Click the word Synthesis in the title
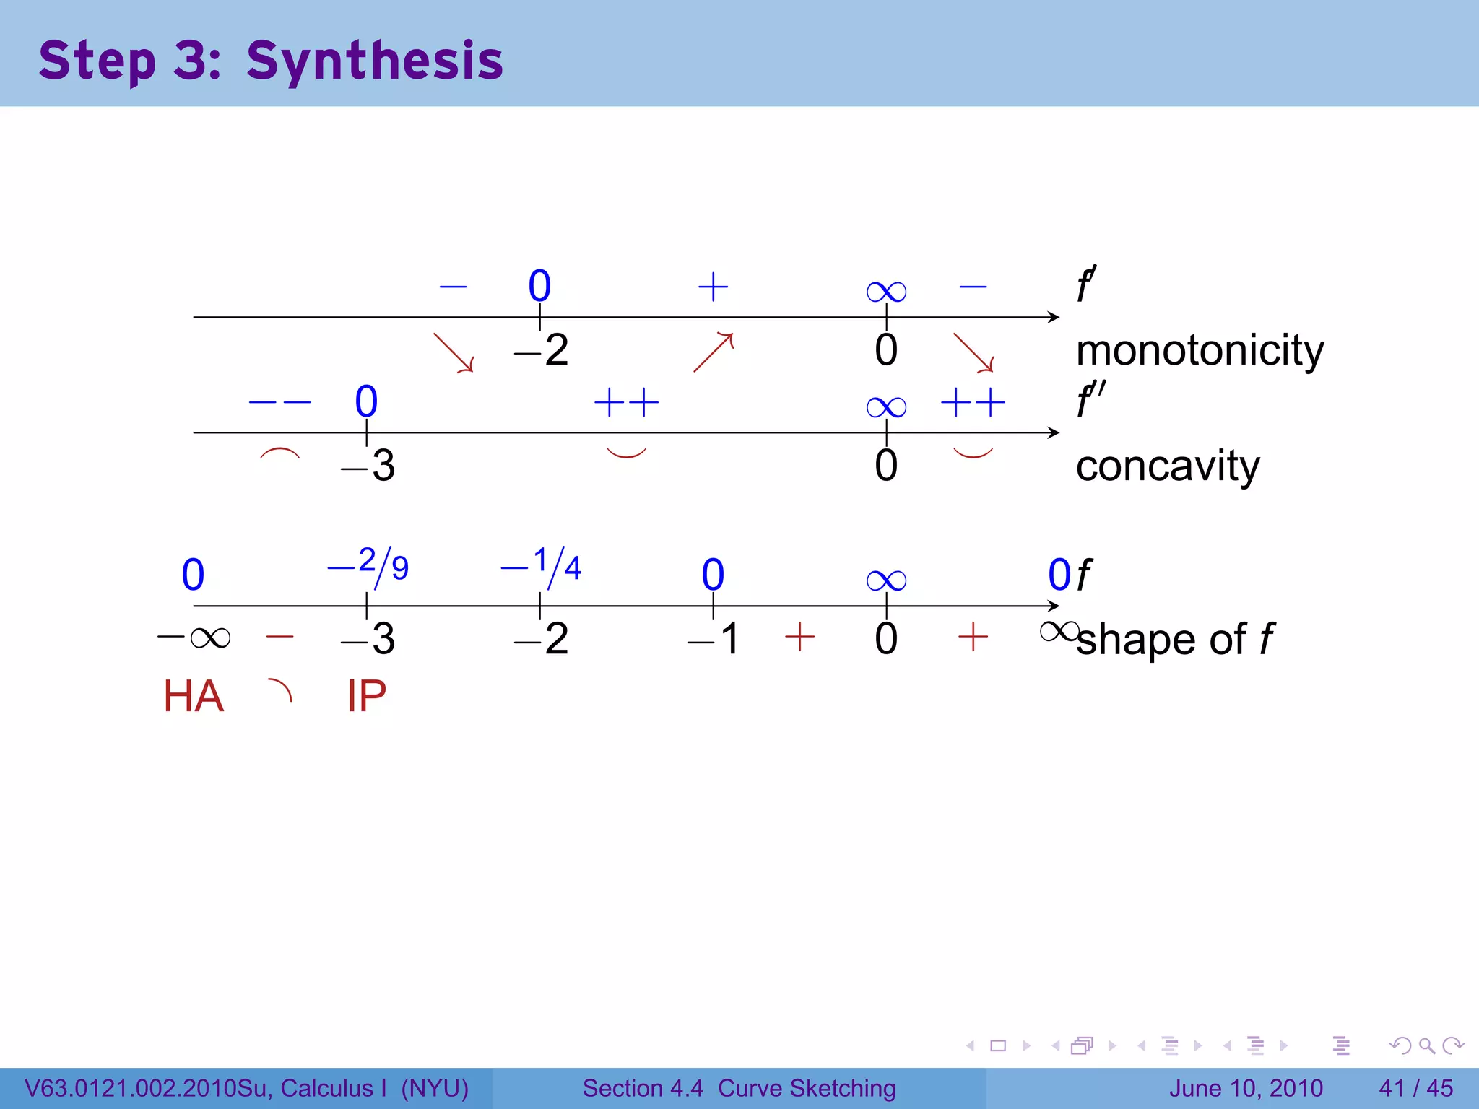374,61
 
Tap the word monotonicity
1200,351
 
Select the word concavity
1167,466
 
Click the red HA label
194,697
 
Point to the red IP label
366,697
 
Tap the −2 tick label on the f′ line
542,351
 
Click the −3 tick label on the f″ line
368,466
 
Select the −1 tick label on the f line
714,639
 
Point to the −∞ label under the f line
194,638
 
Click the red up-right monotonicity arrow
714,352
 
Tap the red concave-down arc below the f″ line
279,454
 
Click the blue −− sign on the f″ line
279,402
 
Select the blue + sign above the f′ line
713,287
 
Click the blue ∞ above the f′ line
886,292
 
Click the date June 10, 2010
1246,1088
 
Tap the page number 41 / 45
1415,1088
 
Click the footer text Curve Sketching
807,1088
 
